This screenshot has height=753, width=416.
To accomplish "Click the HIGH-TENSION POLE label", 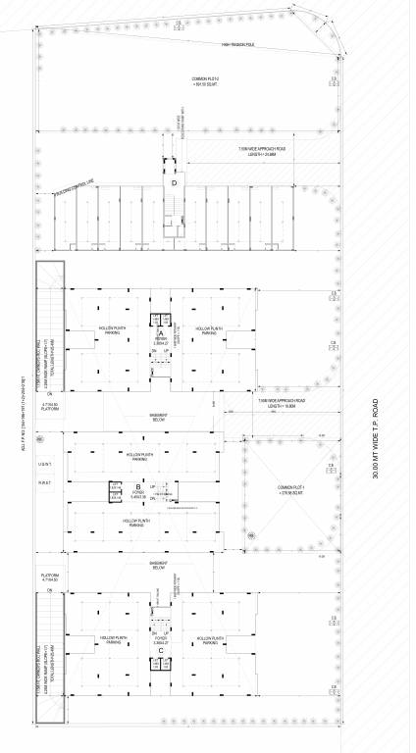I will click(210, 45).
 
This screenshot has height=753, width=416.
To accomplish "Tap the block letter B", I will click(138, 486).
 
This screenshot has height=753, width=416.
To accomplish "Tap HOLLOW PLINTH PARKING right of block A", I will click(208, 330).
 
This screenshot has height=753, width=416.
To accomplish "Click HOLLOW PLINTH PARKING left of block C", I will click(112, 639).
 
